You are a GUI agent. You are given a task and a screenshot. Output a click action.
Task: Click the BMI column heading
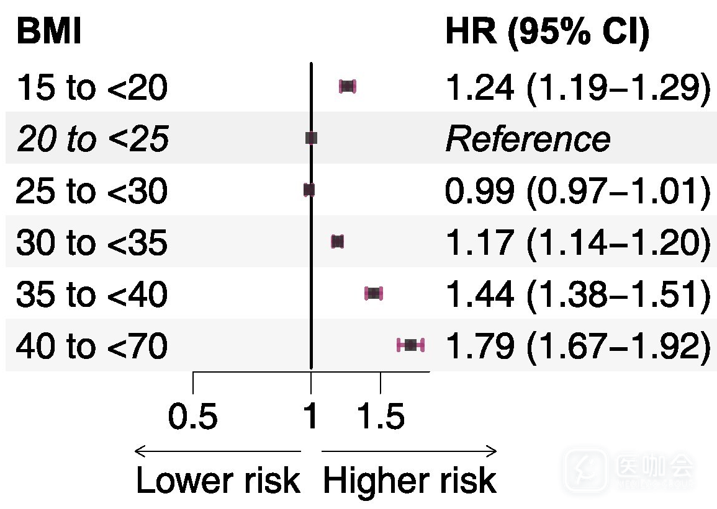[x=49, y=32]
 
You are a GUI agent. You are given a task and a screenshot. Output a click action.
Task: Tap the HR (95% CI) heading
[x=548, y=33]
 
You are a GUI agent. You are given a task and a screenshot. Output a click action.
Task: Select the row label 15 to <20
[x=92, y=87]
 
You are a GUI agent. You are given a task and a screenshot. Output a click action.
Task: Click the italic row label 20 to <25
[x=93, y=139]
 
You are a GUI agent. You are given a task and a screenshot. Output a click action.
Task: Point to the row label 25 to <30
[x=92, y=190]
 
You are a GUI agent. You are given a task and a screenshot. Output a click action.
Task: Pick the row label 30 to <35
[x=92, y=242]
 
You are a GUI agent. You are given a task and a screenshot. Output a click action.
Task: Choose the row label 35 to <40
[x=92, y=293]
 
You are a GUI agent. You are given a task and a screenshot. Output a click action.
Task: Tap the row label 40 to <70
[x=92, y=345]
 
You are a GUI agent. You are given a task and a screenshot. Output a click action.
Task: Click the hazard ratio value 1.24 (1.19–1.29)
[x=578, y=88]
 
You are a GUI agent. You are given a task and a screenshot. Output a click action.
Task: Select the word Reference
[x=528, y=139]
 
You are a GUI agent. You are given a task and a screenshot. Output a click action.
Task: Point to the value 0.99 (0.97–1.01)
[x=578, y=192]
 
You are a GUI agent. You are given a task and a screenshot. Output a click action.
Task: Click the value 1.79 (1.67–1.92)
[x=578, y=346]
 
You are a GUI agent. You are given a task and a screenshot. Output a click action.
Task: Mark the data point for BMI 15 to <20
[x=348, y=86]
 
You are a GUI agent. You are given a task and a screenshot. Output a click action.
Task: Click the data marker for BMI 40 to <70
[x=410, y=345]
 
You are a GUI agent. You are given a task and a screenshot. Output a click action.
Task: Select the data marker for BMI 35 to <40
[x=374, y=293]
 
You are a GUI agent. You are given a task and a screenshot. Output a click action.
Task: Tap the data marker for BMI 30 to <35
[x=338, y=242]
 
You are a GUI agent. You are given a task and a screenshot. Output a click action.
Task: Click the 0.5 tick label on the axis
[x=192, y=417]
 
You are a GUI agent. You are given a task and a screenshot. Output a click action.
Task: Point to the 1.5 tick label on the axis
[x=381, y=417]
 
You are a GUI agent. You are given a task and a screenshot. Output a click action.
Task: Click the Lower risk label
[x=218, y=480]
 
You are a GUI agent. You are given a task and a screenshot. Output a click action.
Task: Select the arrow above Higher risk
[x=409, y=451]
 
